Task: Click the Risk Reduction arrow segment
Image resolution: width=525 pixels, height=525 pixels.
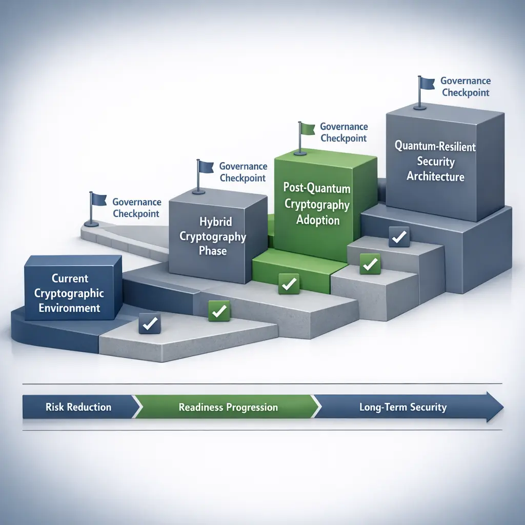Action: (78, 408)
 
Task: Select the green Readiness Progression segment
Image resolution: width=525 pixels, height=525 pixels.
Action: (228, 408)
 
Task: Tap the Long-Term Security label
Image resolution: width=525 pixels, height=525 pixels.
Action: (402, 408)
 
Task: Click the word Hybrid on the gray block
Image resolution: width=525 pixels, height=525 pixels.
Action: (215, 222)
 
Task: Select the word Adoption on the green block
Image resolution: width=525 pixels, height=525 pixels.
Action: (318, 220)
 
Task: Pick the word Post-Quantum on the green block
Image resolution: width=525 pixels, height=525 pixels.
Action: (316, 188)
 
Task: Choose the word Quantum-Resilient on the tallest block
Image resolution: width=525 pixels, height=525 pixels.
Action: (435, 147)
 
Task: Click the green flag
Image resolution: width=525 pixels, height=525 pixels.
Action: (307, 129)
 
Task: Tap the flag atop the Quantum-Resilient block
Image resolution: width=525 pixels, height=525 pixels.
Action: (427, 83)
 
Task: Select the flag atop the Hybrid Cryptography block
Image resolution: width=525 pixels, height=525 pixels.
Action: (206, 167)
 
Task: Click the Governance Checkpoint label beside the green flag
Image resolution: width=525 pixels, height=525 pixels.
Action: (344, 132)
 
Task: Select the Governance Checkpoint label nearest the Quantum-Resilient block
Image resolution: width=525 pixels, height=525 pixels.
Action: (466, 87)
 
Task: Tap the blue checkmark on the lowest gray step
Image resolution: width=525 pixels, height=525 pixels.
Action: (150, 324)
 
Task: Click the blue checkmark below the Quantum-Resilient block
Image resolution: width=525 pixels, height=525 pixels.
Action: (398, 237)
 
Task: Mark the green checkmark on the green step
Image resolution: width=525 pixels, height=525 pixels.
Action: (288, 283)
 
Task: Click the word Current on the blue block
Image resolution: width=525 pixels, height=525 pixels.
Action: (70, 278)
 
